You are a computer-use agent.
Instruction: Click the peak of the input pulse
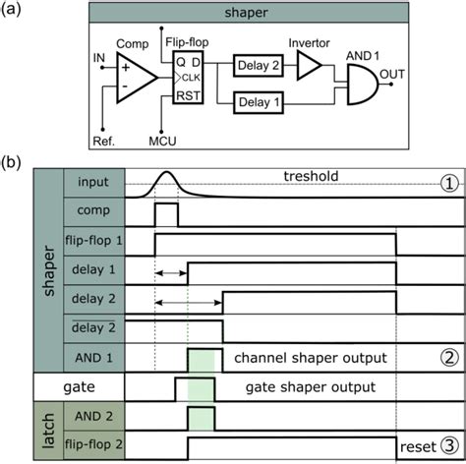166,173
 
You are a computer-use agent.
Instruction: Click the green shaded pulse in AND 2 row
201,414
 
